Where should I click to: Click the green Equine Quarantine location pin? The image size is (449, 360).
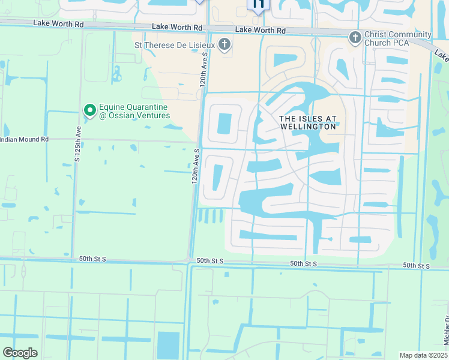pyautogui.click(x=89, y=110)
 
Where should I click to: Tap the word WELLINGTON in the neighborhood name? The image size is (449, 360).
pyautogui.click(x=307, y=127)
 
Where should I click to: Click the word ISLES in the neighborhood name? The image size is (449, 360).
pyautogui.click(x=306, y=119)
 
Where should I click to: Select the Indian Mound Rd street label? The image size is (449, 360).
pyautogui.click(x=24, y=139)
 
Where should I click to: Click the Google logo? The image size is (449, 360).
pyautogui.click(x=20, y=353)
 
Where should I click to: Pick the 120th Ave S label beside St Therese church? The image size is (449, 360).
pyautogui.click(x=203, y=69)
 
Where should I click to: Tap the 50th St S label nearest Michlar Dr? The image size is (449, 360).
pyautogui.click(x=417, y=265)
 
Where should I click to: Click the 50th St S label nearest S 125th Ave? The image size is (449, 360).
pyautogui.click(x=92, y=258)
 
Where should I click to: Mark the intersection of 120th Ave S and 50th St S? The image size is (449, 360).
pyautogui.click(x=190, y=260)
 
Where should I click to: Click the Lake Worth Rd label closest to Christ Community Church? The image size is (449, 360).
pyautogui.click(x=261, y=30)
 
